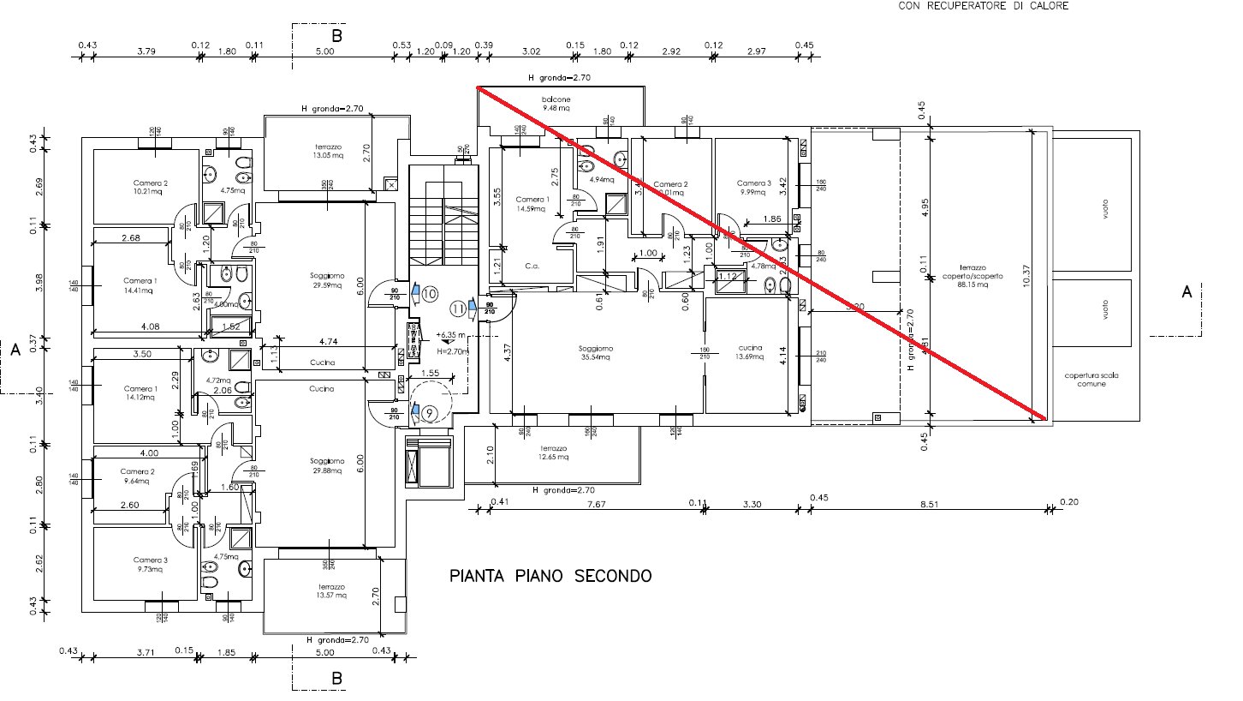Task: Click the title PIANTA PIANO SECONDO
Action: coord(550,576)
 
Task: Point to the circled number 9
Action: coord(430,412)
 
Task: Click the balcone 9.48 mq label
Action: coord(556,105)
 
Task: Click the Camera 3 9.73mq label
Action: coord(150,564)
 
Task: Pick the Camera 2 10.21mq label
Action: coord(150,187)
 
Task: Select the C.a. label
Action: coord(532,267)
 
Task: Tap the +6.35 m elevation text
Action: coord(450,335)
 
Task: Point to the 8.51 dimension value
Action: coord(930,506)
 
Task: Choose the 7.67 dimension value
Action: coord(596,506)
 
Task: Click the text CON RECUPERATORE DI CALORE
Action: coord(983,6)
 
